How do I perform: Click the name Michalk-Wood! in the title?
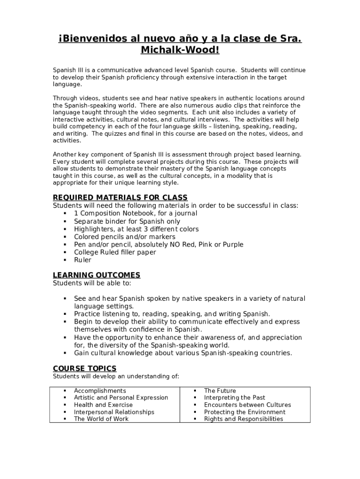coord(180,50)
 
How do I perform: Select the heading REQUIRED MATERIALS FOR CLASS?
coord(120,197)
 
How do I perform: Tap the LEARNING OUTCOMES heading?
coord(96,275)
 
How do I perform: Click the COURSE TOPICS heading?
coord(85,369)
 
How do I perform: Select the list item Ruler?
coord(83,260)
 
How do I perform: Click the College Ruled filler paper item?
coord(115,252)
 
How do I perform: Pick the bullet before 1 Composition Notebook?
coord(64,213)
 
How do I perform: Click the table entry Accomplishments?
coord(100,391)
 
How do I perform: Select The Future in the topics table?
coord(220,391)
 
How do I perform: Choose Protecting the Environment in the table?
coord(245,412)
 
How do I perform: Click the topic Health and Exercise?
coord(103,405)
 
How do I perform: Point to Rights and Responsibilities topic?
coord(244,419)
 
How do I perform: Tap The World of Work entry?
coord(101,419)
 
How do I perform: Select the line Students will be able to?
coord(92,283)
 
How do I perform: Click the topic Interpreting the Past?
coord(235,398)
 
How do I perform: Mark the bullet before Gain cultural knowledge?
coord(64,353)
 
